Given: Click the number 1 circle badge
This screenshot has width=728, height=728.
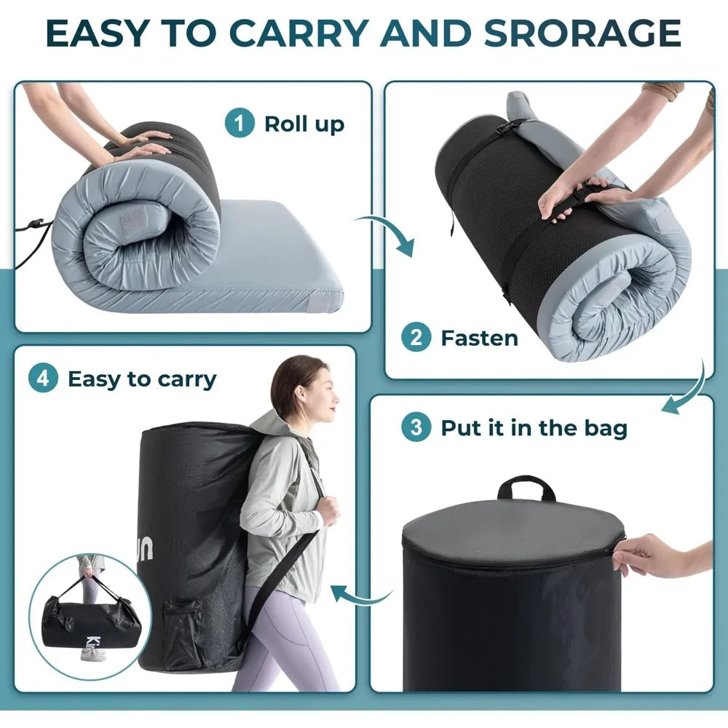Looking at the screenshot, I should pyautogui.click(x=240, y=124).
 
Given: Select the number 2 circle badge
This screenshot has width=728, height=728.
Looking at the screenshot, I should pyautogui.click(x=416, y=338).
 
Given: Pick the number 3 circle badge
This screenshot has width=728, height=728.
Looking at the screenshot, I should pyautogui.click(x=416, y=427).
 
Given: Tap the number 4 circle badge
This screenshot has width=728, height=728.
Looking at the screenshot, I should pyautogui.click(x=43, y=379).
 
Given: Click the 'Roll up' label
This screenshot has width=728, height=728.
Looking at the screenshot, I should pyautogui.click(x=304, y=124).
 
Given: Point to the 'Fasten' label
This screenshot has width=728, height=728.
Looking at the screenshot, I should pyautogui.click(x=479, y=338).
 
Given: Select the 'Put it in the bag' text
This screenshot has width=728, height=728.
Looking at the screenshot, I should pyautogui.click(x=533, y=427).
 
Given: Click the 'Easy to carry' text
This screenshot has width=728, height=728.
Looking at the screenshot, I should pyautogui.click(x=142, y=379).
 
